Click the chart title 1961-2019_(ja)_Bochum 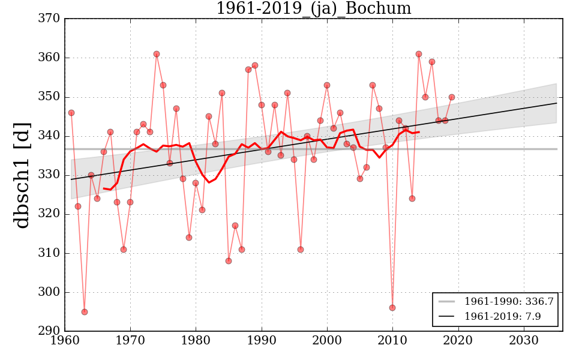click(x=313, y=9)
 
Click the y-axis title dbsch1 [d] click(x=23, y=175)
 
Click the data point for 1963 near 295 click(x=85, y=312)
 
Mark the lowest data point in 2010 click(x=392, y=308)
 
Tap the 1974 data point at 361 click(x=157, y=54)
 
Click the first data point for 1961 click(x=71, y=113)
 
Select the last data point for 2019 click(x=452, y=97)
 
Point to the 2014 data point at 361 click(x=419, y=54)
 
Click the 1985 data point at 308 click(x=229, y=261)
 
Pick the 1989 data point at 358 click(x=255, y=65)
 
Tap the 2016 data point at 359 click(x=432, y=62)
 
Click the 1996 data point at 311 click(x=301, y=250)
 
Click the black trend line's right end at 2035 click(x=557, y=103)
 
